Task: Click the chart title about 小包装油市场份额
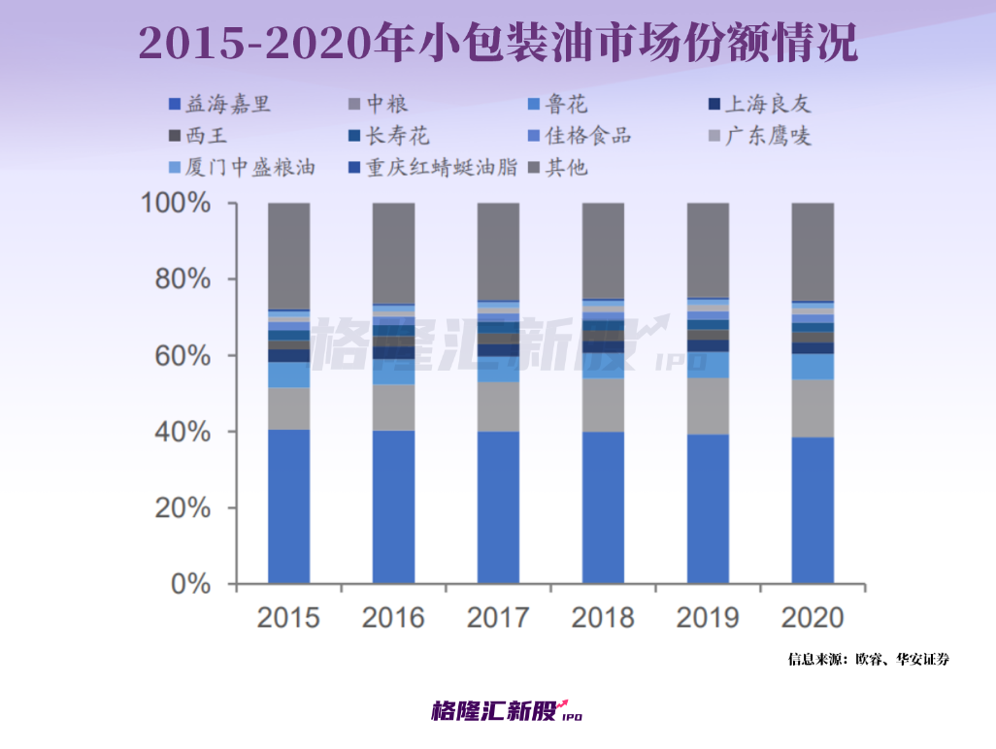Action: (x=498, y=42)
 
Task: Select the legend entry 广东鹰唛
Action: (x=772, y=135)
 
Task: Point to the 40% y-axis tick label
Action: (x=184, y=432)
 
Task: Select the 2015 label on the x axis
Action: (x=288, y=617)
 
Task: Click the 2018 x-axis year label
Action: (x=603, y=617)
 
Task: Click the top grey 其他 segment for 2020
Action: (x=813, y=251)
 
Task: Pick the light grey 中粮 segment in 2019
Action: (x=708, y=406)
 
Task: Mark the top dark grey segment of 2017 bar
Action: (x=498, y=251)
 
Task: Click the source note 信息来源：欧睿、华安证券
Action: (x=868, y=660)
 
